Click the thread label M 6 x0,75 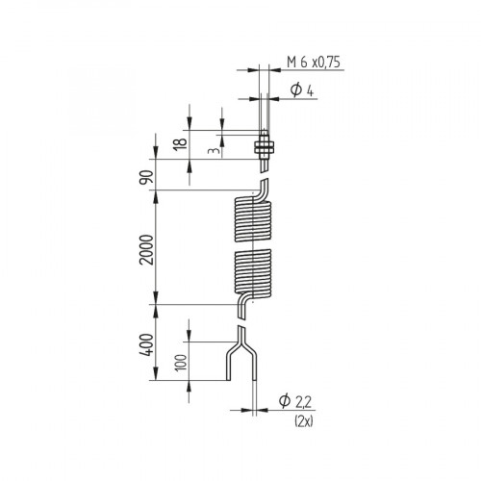point(314,63)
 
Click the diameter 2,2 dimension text point(297,401)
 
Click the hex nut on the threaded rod point(262,147)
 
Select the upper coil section point(253,220)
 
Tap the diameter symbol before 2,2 point(285,401)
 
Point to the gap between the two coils point(253,245)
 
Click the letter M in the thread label point(291,63)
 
